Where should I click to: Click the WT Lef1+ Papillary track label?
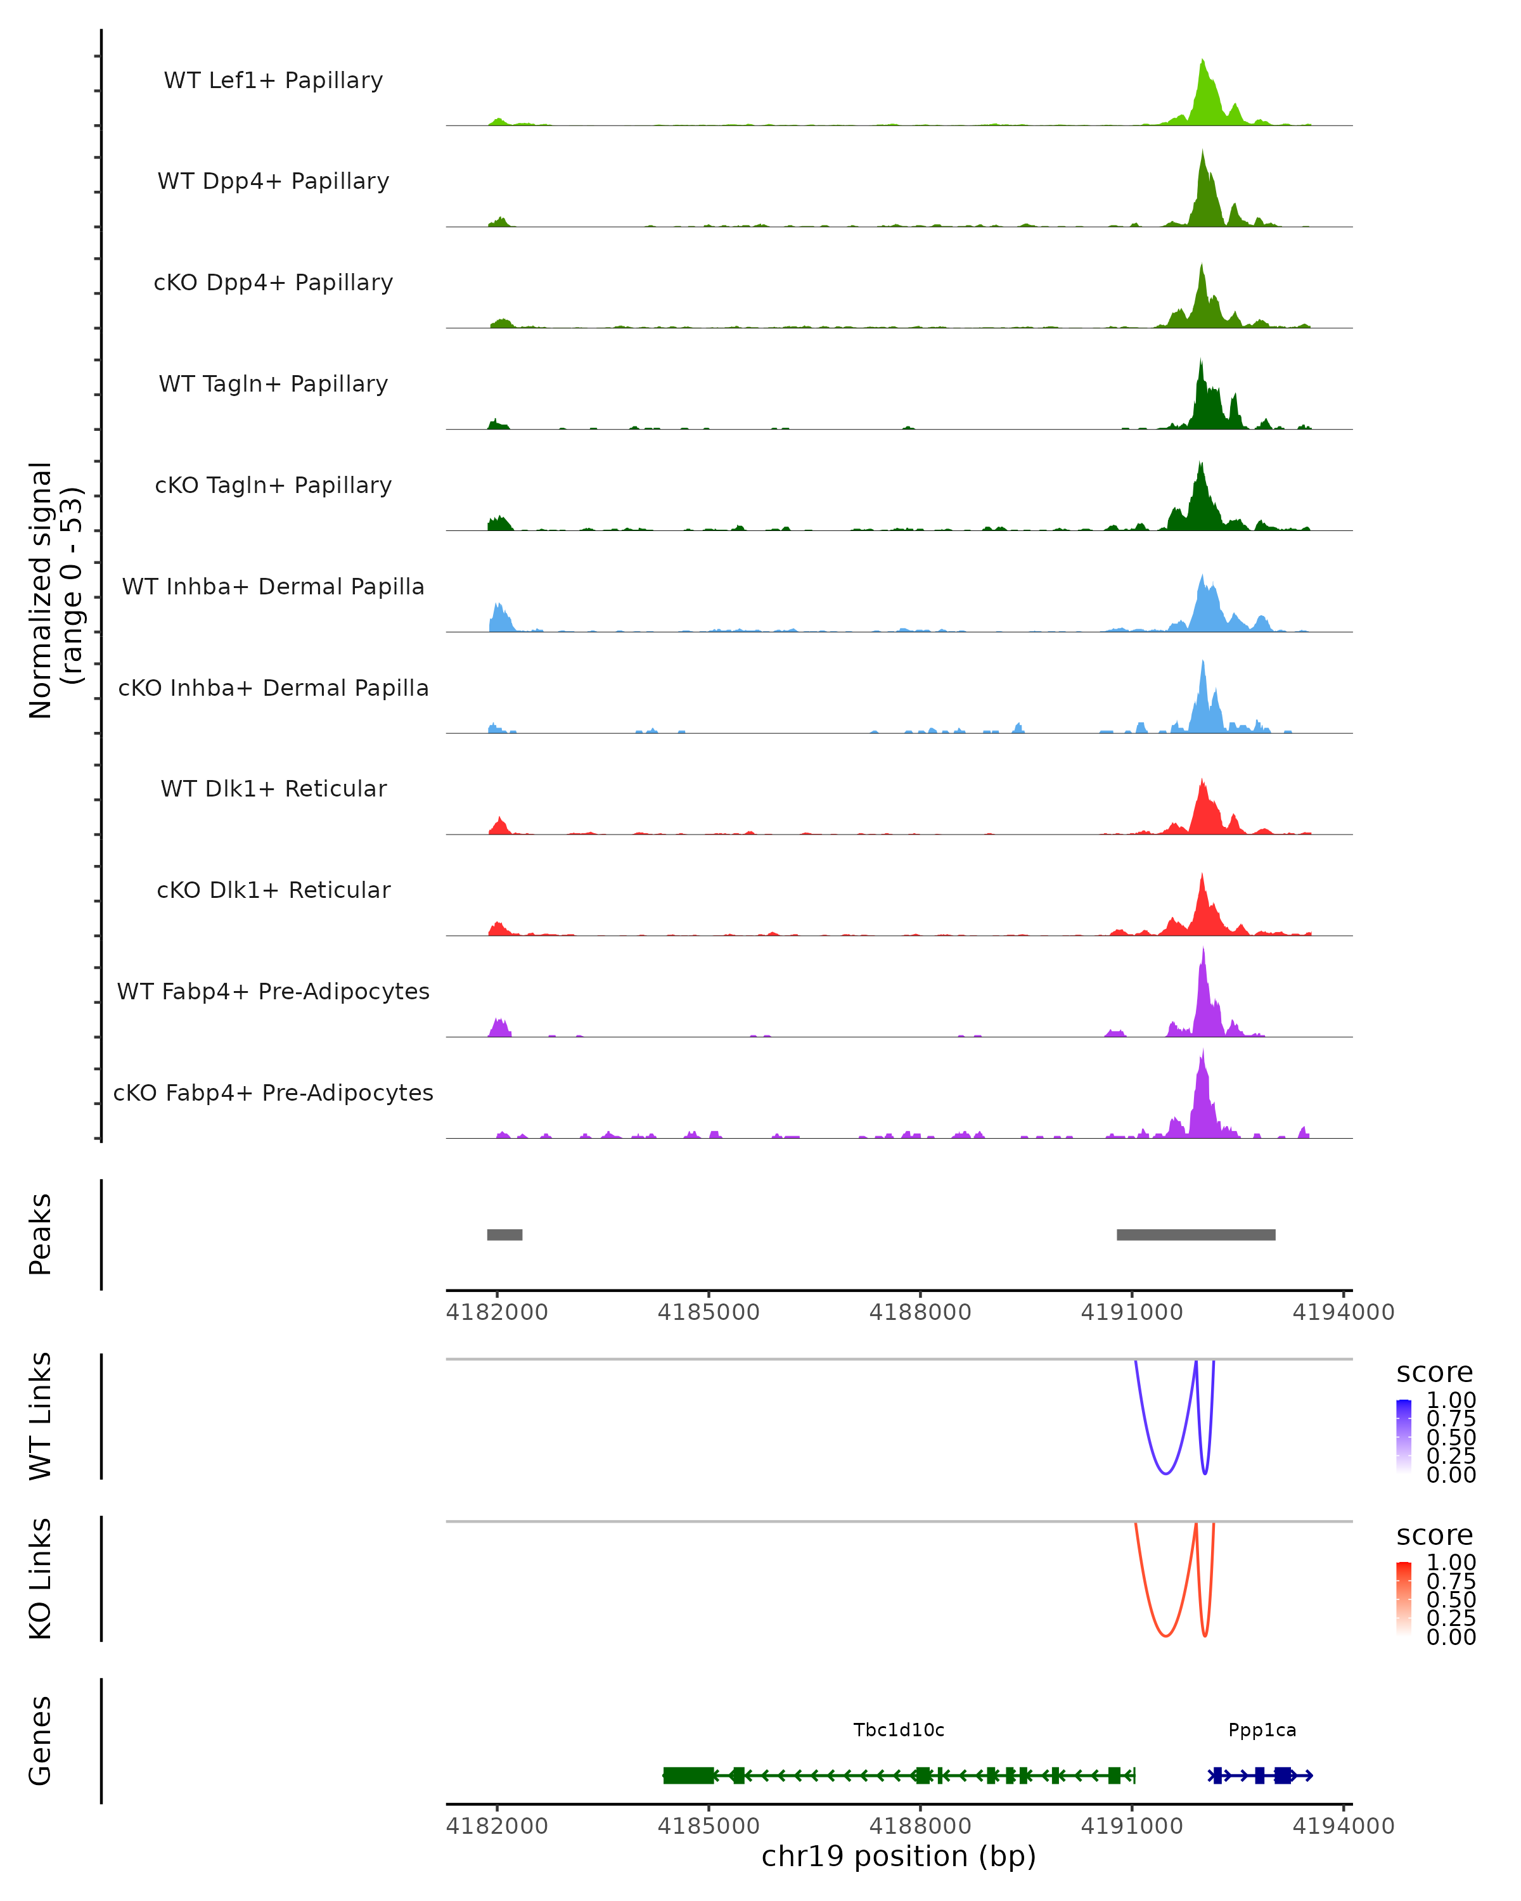coord(273,80)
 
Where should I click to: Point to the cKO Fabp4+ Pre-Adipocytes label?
coord(273,1092)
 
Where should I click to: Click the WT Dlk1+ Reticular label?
coord(273,788)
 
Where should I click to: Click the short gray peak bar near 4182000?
coord(504,1234)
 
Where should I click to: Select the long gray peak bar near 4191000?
coord(1196,1234)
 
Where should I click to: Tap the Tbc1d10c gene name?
coord(899,1730)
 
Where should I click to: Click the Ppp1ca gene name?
coord(1262,1730)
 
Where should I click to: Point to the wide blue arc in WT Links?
coord(1165,1473)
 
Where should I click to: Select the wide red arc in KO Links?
coord(1165,1635)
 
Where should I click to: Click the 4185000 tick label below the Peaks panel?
coord(708,1312)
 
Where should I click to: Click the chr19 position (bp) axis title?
coord(899,1856)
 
